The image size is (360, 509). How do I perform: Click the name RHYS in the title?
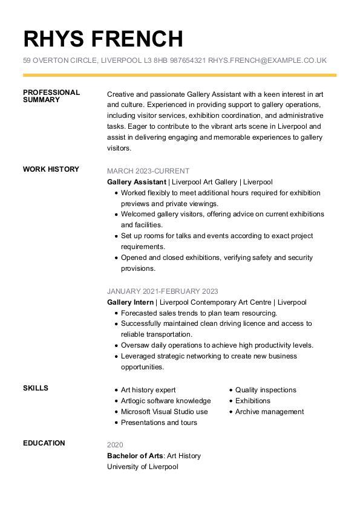tap(54, 39)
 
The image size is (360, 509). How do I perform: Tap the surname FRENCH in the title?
tap(137, 39)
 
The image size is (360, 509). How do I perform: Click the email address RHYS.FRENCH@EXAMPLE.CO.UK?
tap(267, 60)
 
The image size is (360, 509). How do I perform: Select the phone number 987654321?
tap(188, 60)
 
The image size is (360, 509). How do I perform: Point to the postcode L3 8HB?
tap(155, 60)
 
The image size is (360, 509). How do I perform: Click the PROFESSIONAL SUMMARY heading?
tap(51, 96)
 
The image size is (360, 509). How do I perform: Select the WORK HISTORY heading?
tap(51, 169)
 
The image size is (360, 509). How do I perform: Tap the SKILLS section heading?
tap(36, 388)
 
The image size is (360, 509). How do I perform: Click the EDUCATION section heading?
tap(44, 443)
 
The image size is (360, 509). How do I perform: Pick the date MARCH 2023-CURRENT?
tap(148, 171)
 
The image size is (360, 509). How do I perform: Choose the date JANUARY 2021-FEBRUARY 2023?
tap(163, 291)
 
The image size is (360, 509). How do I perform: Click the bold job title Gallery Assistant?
tap(136, 182)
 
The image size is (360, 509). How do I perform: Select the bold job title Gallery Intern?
tap(130, 302)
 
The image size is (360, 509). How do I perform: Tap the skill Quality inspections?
tap(266, 390)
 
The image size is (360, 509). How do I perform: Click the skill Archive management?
tap(269, 412)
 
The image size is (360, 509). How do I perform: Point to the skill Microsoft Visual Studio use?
tap(164, 412)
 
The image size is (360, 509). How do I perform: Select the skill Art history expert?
tap(148, 390)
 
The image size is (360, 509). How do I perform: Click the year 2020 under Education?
tap(115, 445)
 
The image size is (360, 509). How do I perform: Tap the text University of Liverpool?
tap(143, 467)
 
